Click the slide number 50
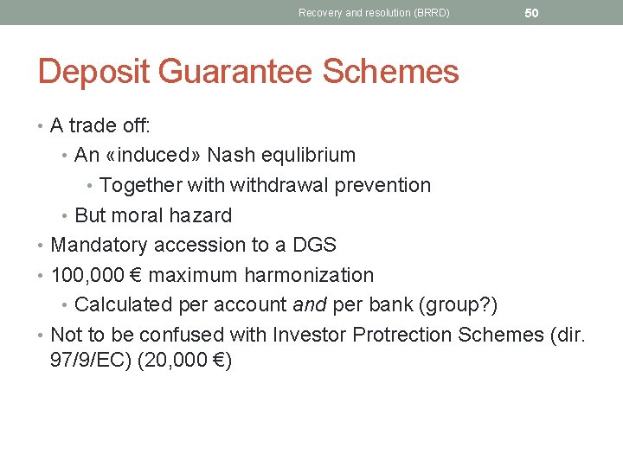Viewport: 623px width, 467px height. [x=531, y=13]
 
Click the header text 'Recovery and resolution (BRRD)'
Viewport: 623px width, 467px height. [x=374, y=13]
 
